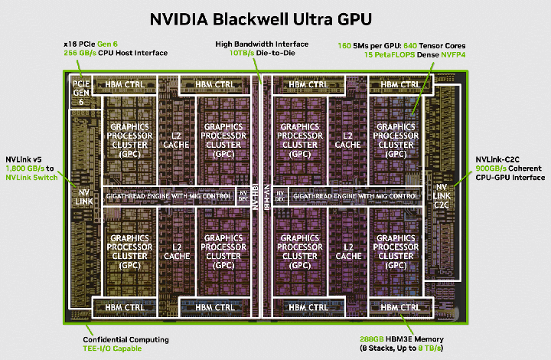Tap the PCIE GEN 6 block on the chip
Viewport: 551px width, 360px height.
click(81, 93)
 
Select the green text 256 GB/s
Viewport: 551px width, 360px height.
click(80, 53)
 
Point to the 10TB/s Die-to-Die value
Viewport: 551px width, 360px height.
click(242, 53)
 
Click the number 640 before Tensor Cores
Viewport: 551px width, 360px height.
click(409, 46)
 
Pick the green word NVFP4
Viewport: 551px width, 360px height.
click(453, 54)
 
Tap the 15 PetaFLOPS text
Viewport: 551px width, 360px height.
click(390, 54)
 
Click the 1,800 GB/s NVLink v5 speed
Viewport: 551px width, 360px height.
click(25, 169)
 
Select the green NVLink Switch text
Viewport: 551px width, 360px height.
click(31, 178)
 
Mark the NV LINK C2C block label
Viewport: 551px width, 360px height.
click(442, 196)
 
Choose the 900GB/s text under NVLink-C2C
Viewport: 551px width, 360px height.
click(491, 169)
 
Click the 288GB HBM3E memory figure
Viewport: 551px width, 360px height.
click(372, 339)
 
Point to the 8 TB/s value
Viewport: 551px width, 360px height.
click(429, 348)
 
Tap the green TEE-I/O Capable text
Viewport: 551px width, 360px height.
click(112, 349)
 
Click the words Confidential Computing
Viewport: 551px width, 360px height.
click(126, 339)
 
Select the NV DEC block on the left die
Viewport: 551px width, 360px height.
click(243, 196)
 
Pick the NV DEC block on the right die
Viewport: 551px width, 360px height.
click(280, 196)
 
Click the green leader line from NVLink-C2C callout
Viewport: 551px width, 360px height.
click(462, 179)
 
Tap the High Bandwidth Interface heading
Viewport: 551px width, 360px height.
click(262, 44)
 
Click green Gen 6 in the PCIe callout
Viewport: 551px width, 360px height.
click(107, 44)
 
